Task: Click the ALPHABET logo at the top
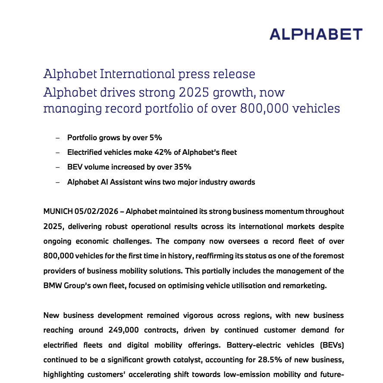[316, 35]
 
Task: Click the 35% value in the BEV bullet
[182, 167]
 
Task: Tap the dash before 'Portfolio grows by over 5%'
[58, 138]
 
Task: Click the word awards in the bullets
[242, 182]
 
